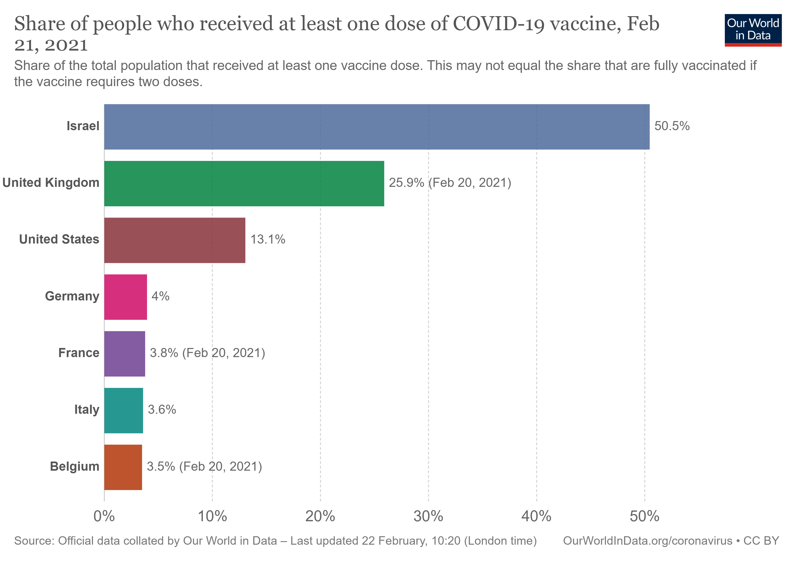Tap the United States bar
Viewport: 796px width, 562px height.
pos(175,240)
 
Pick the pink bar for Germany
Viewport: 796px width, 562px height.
pos(125,297)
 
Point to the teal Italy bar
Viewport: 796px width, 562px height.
pos(123,410)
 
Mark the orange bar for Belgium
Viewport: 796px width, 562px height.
pos(123,467)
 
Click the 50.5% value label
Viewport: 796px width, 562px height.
pos(672,126)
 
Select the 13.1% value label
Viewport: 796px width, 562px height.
pos(268,240)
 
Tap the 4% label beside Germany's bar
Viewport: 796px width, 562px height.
pos(160,296)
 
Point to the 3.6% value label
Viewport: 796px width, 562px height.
pos(162,410)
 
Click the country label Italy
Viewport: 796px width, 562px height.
pos(87,410)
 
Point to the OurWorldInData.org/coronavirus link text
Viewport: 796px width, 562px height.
pos(648,541)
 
